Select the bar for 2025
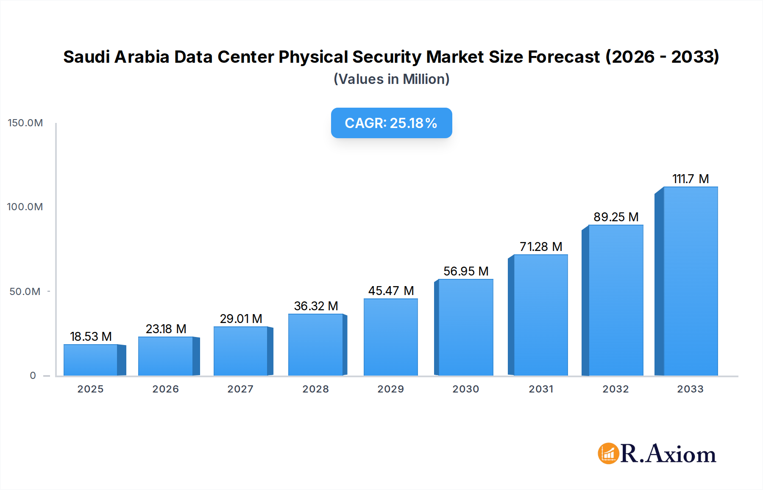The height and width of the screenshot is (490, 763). tap(91, 360)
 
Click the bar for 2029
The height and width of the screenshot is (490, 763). tap(390, 337)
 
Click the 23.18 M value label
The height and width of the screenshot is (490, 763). tap(166, 329)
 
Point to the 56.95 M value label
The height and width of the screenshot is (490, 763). tap(466, 271)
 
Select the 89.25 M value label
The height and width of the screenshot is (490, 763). tap(616, 217)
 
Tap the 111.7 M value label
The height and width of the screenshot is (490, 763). tap(691, 179)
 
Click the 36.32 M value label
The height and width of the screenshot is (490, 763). tap(316, 306)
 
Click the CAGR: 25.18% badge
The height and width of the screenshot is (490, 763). tap(391, 123)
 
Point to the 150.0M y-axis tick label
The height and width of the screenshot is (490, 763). tap(25, 123)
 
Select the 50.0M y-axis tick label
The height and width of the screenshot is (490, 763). tap(25, 292)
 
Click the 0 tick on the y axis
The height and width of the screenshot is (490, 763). tap(33, 376)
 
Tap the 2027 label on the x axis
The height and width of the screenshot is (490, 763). tap(240, 389)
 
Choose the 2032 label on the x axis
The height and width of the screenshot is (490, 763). tap(615, 389)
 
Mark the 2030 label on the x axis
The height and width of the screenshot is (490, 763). tap(465, 389)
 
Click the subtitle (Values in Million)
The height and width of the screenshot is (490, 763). tap(391, 79)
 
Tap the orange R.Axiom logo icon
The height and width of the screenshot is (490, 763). tap(608, 454)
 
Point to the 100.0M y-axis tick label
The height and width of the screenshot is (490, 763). tap(25, 207)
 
